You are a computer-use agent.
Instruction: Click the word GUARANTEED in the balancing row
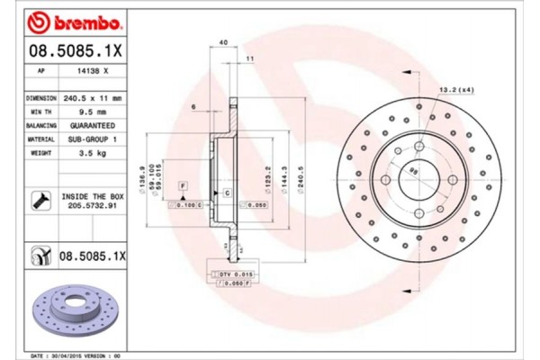95,127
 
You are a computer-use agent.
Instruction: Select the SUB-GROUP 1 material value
95,140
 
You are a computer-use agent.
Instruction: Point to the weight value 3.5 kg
95,154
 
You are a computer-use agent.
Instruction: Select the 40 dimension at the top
222,41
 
